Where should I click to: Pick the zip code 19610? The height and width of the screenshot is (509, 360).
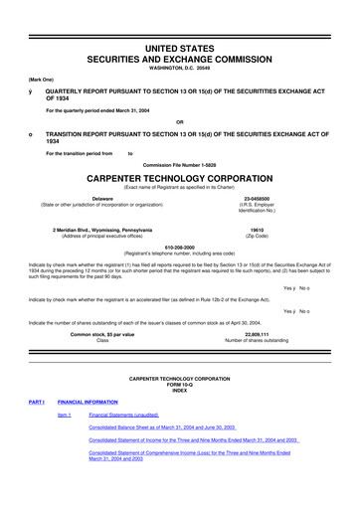[258, 230]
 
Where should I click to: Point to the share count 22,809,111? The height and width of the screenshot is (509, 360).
[258, 334]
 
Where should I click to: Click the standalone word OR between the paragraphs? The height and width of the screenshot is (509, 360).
[180, 122]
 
